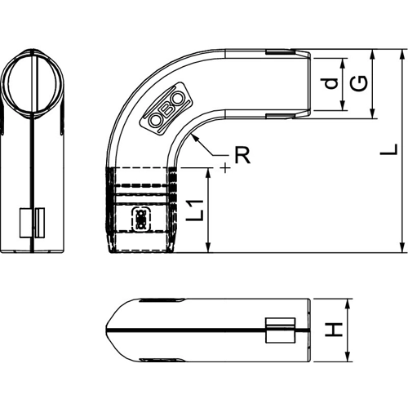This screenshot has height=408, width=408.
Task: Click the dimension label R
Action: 242,155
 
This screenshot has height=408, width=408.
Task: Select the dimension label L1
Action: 195,210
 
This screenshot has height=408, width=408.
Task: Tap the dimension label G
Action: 358,83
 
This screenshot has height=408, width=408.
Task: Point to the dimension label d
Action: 330,83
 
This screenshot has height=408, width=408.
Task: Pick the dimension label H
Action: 334,330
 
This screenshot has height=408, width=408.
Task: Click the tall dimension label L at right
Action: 389,149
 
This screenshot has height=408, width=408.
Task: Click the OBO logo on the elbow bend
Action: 166,109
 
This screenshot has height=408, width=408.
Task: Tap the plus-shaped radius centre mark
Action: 225,168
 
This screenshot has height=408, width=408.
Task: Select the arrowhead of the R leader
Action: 194,138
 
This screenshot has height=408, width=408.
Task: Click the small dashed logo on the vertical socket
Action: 141,220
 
